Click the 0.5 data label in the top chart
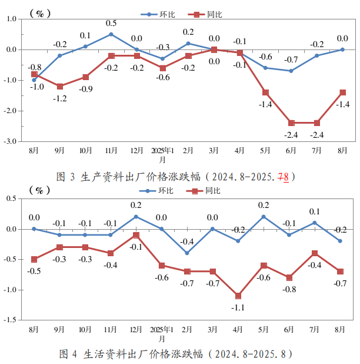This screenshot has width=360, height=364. tap(111, 24)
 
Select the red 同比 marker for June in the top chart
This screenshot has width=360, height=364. tap(291, 123)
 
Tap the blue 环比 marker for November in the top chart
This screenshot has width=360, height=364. tap(111, 34)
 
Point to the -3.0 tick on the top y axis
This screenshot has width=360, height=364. tap(10, 141)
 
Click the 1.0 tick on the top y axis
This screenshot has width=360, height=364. tap(11, 19)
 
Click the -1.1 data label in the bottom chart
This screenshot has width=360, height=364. tap(238, 307)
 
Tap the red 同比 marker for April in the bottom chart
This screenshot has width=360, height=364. tap(238, 296)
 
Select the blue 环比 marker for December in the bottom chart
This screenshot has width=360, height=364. tap(136, 217)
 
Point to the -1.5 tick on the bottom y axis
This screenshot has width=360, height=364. tap(10, 320)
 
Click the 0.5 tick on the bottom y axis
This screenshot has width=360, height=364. tap(11, 198)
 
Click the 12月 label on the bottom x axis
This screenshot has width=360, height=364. tap(136, 329)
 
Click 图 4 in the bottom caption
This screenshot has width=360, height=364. tap(68, 355)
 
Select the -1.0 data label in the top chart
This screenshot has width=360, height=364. tap(37, 87)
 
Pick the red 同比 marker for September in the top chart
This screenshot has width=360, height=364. tap(60, 87)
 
